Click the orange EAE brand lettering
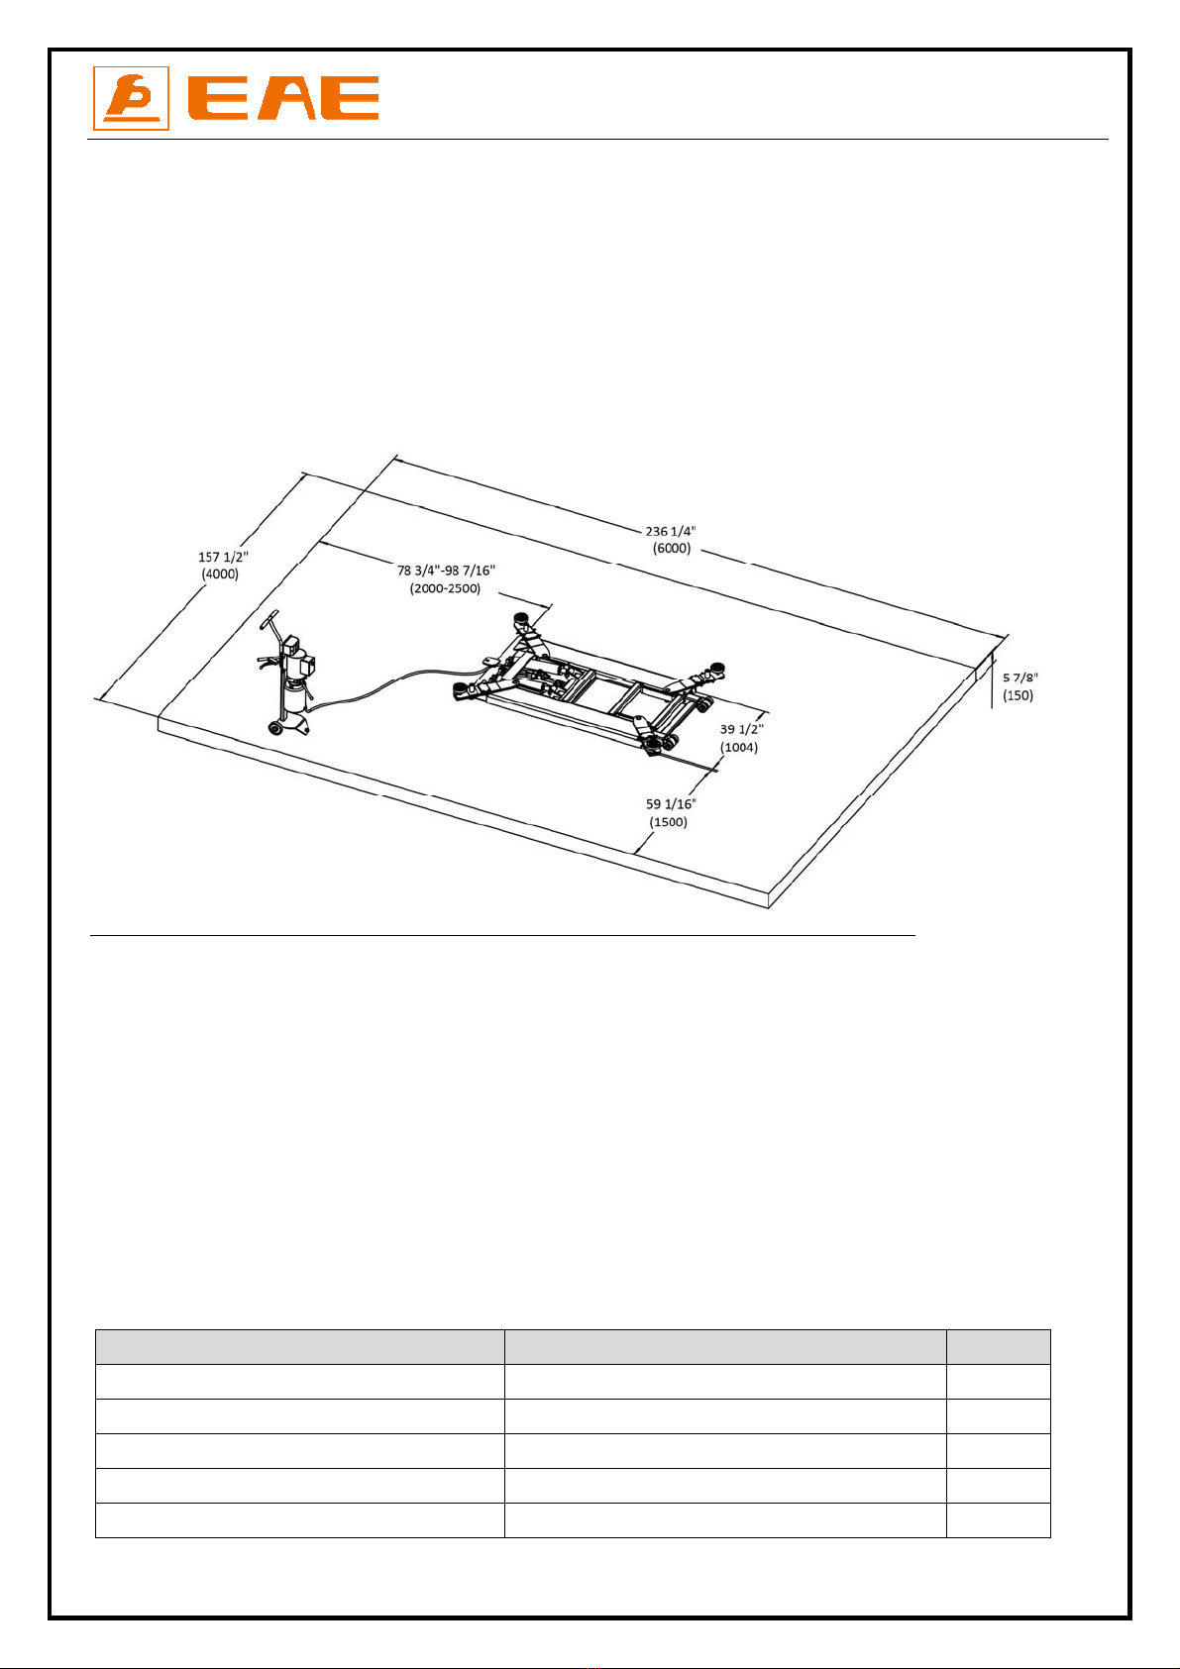point(282,98)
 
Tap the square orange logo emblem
point(131,98)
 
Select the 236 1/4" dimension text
point(671,531)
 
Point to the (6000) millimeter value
point(672,549)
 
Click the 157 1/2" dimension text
point(223,557)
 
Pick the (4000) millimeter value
point(220,574)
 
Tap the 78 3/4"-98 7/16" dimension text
point(446,571)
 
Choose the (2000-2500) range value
point(445,588)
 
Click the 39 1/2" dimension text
point(742,729)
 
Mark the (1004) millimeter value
point(739,747)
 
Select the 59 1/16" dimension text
point(671,804)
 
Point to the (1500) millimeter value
point(669,822)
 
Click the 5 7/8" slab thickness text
point(1019,678)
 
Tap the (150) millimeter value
point(1018,695)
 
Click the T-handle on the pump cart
point(269,620)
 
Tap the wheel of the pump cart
point(274,728)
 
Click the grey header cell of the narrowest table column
point(998,1346)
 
